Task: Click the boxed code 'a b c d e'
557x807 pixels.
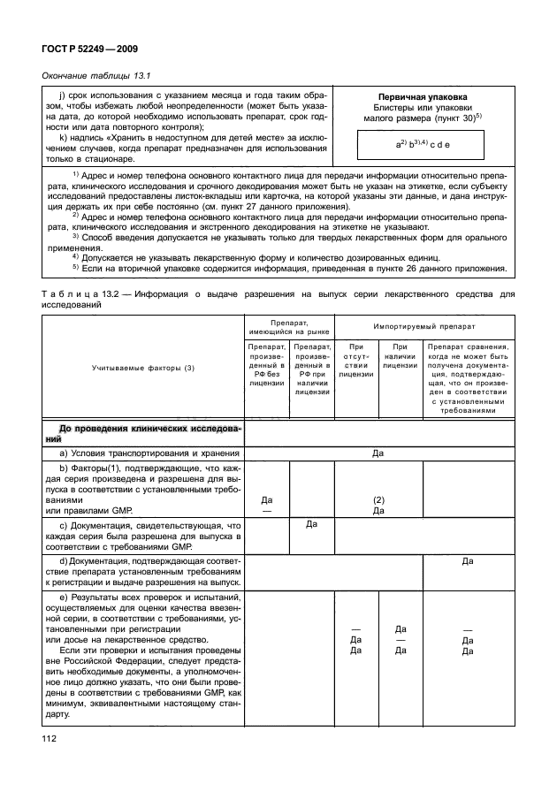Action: click(x=423, y=142)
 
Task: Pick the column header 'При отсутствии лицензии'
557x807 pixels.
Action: click(x=356, y=361)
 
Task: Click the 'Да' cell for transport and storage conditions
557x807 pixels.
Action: click(x=378, y=453)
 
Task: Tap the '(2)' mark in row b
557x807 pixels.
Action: click(x=378, y=499)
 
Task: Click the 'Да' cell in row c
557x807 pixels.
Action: click(x=311, y=524)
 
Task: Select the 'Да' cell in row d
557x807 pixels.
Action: click(x=468, y=560)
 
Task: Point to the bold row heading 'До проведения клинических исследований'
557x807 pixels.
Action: click(x=141, y=432)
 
